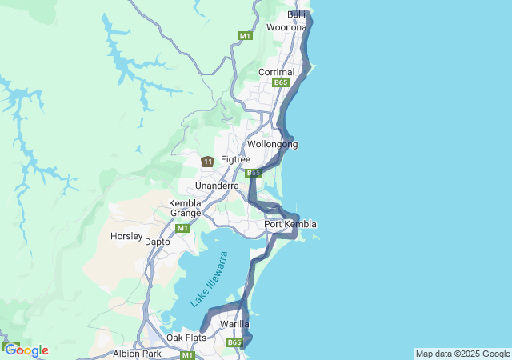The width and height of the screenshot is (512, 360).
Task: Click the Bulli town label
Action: pyautogui.click(x=296, y=15)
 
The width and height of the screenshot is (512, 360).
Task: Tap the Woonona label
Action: pyautogui.click(x=286, y=27)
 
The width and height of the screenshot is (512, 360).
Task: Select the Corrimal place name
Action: pyautogui.click(x=276, y=72)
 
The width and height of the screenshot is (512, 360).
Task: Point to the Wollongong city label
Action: pyautogui.click(x=272, y=145)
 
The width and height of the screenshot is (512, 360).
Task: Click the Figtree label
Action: pyautogui.click(x=235, y=160)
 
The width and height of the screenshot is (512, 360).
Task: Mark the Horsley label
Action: pyautogui.click(x=126, y=237)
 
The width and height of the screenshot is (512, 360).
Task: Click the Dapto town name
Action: pyautogui.click(x=158, y=241)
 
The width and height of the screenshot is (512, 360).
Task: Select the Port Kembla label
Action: pyautogui.click(x=290, y=225)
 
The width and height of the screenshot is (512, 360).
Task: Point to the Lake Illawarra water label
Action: pyautogui.click(x=210, y=279)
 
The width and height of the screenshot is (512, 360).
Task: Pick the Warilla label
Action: pyautogui.click(x=235, y=324)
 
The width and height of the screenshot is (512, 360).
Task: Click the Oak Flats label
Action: pyautogui.click(x=186, y=338)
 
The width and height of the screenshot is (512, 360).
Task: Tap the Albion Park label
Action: pyautogui.click(x=137, y=353)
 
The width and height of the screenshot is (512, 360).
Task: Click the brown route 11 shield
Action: pyautogui.click(x=207, y=162)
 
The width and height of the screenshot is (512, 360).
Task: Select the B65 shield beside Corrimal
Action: pyautogui.click(x=280, y=82)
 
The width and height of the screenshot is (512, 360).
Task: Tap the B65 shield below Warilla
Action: pyautogui.click(x=234, y=343)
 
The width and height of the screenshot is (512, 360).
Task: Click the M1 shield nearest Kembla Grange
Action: pyautogui.click(x=182, y=228)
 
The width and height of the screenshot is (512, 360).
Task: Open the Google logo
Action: pyautogui.click(x=26, y=350)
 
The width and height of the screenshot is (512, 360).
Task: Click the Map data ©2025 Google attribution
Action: pyautogui.click(x=462, y=354)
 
